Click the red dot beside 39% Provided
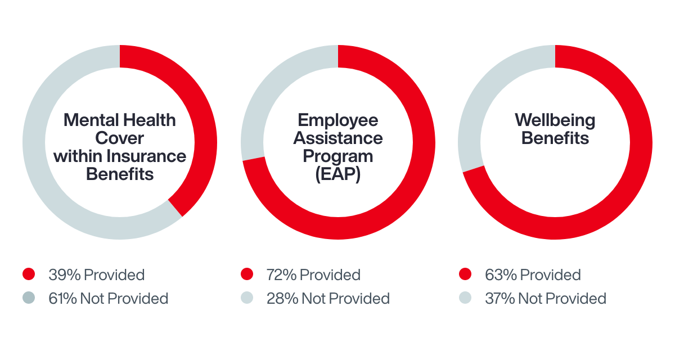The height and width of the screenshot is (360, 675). pyautogui.click(x=29, y=274)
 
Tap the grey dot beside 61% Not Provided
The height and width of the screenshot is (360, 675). pyautogui.click(x=29, y=298)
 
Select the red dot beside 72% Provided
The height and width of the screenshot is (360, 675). pyautogui.click(x=246, y=274)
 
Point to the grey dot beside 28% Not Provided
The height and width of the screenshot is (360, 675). pyautogui.click(x=246, y=298)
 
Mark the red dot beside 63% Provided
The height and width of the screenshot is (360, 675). pyautogui.click(x=465, y=274)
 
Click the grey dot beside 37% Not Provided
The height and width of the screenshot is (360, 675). pyautogui.click(x=465, y=298)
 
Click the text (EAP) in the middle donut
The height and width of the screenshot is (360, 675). pyautogui.click(x=338, y=174)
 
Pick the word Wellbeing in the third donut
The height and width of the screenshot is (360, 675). pyautogui.click(x=555, y=120)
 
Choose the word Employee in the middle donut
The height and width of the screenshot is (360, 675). pyautogui.click(x=338, y=120)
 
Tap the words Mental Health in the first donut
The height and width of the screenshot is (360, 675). pyautogui.click(x=120, y=120)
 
